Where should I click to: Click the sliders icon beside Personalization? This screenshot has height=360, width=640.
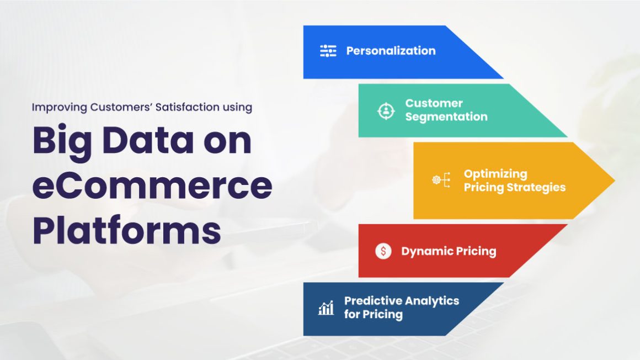click(328, 51)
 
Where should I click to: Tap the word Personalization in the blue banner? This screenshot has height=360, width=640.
click(391, 51)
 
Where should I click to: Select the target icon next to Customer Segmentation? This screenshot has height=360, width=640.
click(386, 110)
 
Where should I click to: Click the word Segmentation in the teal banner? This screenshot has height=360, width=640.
click(446, 117)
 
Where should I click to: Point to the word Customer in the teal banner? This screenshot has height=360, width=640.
click(434, 103)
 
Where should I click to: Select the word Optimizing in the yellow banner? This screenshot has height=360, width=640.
click(495, 174)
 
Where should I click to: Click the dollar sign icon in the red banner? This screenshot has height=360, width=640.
click(383, 251)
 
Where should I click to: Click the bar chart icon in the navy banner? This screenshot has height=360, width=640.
click(326, 308)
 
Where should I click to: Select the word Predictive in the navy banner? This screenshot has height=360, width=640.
click(371, 301)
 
